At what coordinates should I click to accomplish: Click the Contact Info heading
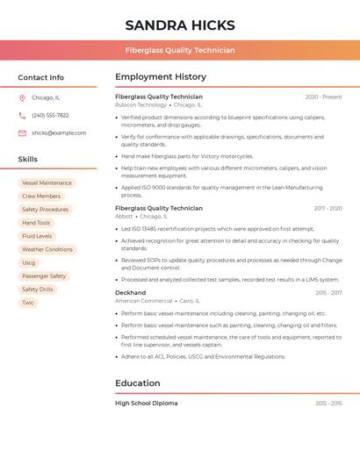coord(40,77)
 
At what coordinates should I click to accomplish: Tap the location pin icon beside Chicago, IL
coord(22,98)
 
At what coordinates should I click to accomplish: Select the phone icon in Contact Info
coord(22,115)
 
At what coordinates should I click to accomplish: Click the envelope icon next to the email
coord(22,132)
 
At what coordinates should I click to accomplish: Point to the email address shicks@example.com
coord(59,132)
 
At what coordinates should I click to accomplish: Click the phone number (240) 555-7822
coord(50,115)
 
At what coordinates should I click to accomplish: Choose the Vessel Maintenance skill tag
coord(47,183)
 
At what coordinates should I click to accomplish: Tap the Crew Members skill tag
coord(41,197)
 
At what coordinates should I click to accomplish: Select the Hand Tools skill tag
coord(36,223)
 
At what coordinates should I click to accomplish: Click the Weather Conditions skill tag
coord(47,249)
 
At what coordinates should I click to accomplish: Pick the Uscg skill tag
coord(29,262)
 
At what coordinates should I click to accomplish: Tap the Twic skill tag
coord(28,303)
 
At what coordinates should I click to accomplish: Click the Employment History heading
coord(161,77)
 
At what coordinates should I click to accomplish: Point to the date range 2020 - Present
coord(323,97)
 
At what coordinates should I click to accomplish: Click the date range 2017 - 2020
coord(328,209)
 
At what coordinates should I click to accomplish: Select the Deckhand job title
coord(130,292)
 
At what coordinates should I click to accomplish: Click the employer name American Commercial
coord(144,301)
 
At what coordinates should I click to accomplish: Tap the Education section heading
coord(138,383)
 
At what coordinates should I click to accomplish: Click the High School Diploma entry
coord(146,404)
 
